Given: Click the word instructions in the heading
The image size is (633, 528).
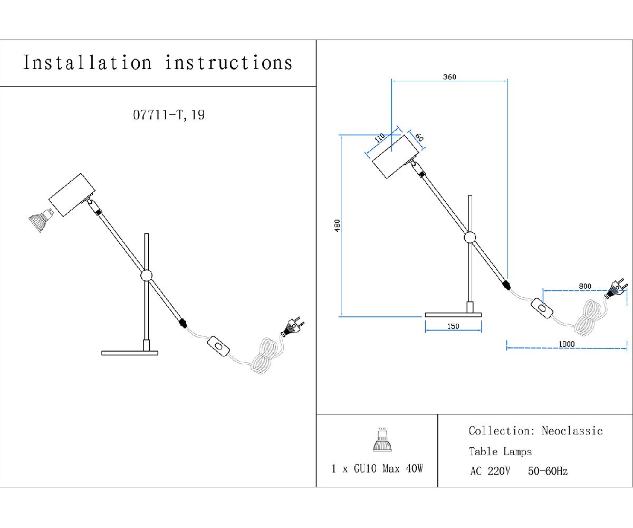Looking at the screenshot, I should click(228, 63).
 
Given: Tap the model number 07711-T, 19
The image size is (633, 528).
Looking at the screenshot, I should click(169, 115).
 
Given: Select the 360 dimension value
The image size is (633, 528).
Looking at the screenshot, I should click(449, 77).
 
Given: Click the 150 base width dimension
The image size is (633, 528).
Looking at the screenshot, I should click(453, 326).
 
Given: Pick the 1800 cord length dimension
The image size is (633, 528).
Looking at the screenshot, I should click(567, 344).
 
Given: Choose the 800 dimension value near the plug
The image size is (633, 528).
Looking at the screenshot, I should click(584, 287).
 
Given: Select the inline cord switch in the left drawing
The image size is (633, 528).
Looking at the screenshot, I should click(219, 346).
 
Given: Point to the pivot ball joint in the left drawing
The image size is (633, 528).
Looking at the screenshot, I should click(146, 275).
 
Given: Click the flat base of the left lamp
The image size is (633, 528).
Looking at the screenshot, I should click(130, 352).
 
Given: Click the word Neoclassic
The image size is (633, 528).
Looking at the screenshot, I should click(572, 431).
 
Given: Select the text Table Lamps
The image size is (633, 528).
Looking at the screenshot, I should click(500, 451).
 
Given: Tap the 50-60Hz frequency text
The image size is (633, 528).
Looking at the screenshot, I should click(548, 471).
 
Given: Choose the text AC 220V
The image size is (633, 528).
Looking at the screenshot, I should click(490, 471).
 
